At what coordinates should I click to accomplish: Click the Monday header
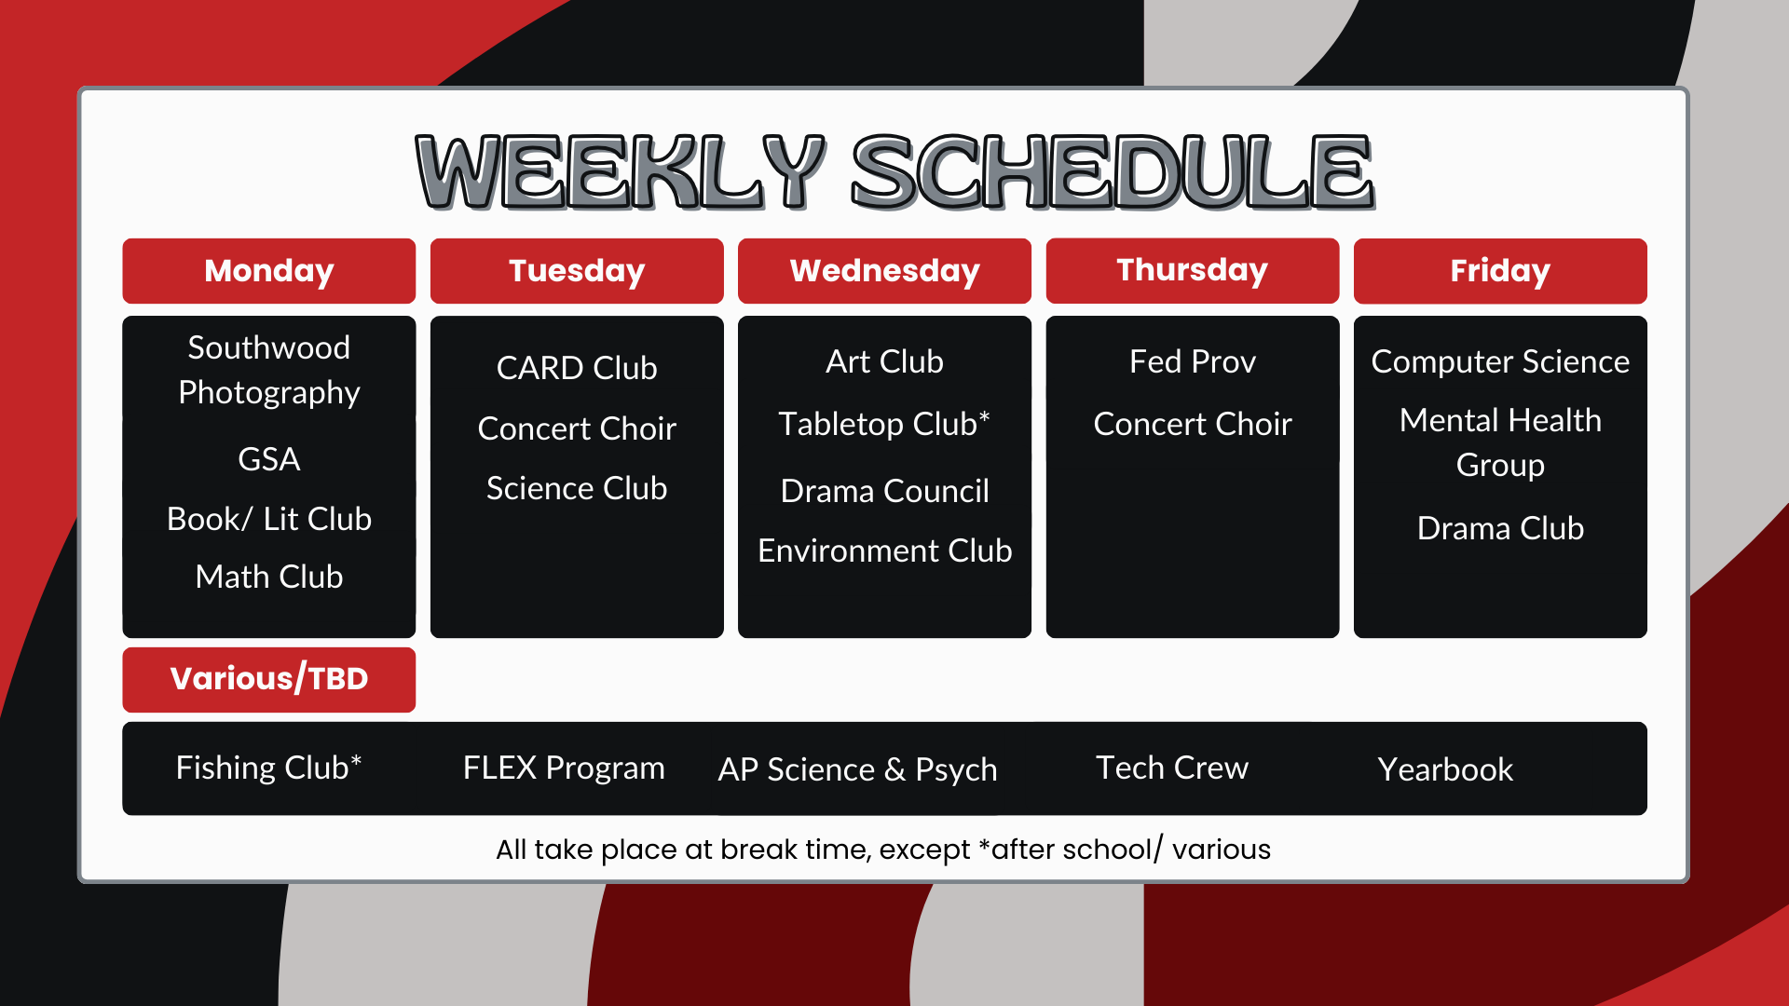(x=268, y=271)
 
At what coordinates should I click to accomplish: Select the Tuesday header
(x=577, y=271)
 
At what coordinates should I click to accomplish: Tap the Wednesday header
(x=884, y=271)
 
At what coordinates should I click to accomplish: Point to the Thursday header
(x=1193, y=271)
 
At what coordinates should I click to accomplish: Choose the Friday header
(x=1500, y=271)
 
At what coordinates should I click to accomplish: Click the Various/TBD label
(x=268, y=679)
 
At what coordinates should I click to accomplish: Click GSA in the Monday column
(x=268, y=459)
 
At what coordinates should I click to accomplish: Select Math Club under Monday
(x=268, y=577)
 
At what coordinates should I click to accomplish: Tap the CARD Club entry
(x=577, y=368)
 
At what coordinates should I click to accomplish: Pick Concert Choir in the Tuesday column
(x=577, y=428)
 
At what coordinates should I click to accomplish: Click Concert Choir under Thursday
(x=1193, y=424)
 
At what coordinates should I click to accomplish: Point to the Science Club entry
(x=577, y=488)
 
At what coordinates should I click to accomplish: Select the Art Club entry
(x=884, y=361)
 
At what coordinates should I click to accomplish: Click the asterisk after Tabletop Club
(x=984, y=417)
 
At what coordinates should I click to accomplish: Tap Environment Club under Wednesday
(x=884, y=551)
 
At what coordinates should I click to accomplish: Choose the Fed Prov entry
(x=1193, y=361)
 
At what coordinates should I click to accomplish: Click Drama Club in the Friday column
(x=1500, y=528)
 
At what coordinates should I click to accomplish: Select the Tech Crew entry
(x=1172, y=768)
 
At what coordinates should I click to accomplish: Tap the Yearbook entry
(x=1445, y=769)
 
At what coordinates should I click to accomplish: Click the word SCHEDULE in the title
(x=1113, y=171)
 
